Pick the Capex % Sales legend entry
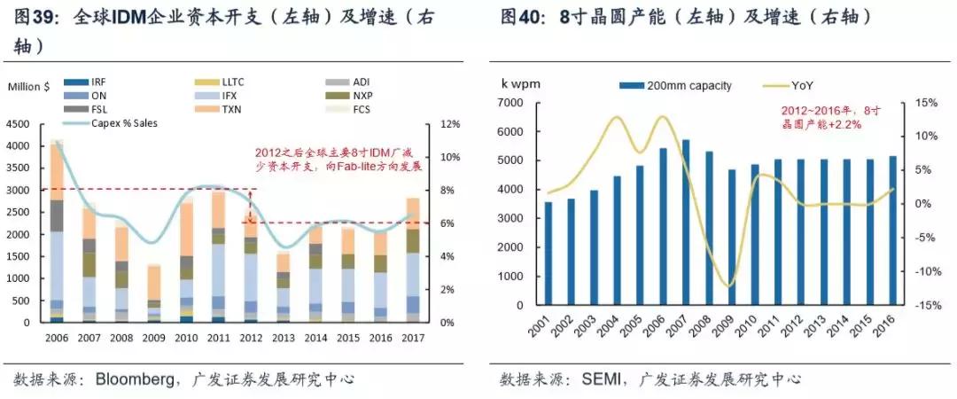[123, 122]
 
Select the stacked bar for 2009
[153, 293]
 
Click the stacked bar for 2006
[57, 231]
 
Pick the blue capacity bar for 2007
[685, 223]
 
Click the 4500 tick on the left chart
[18, 124]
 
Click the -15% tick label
[929, 305]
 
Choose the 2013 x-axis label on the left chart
[284, 339]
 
